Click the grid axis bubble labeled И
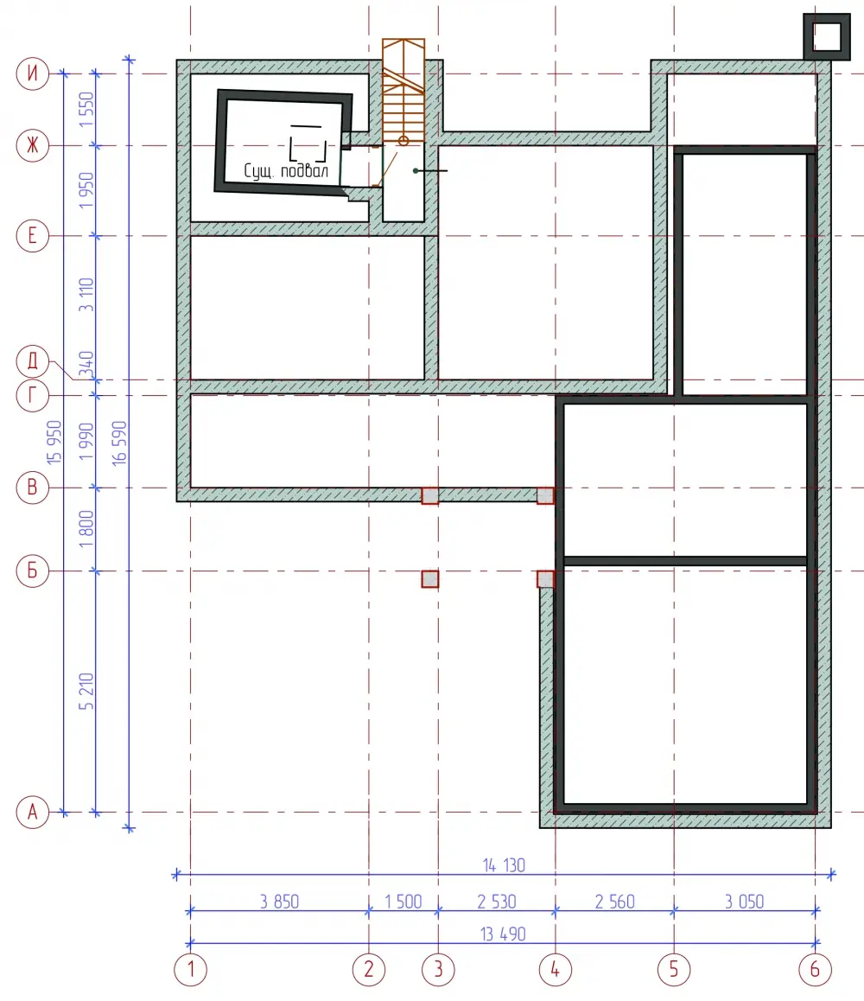coord(33,73)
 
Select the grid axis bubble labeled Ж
coord(33,145)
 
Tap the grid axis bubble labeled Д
coord(33,361)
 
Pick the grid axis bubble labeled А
coord(33,812)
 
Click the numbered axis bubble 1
coord(190,970)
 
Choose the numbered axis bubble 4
coord(556,970)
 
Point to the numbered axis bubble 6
coord(815,970)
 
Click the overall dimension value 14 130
coord(504,865)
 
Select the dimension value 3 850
coord(279,902)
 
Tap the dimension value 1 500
coord(403,902)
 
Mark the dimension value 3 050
coord(744,902)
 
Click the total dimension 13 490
coord(503,934)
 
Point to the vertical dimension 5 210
coord(86,692)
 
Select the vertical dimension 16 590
coord(119,443)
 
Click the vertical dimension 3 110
coord(86,295)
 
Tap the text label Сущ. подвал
coord(286,170)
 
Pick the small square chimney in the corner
coord(827,37)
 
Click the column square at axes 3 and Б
coord(430,579)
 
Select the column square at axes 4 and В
coord(545,495)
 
